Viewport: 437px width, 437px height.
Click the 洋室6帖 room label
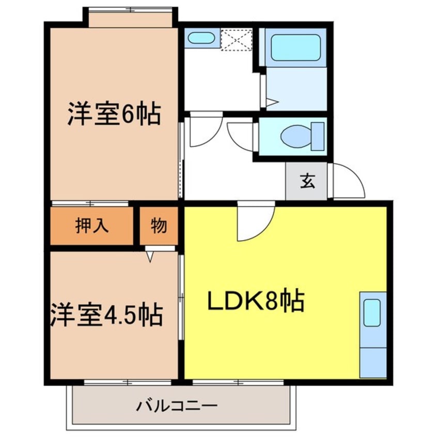pos(114,115)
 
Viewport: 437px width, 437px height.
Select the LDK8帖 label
pos(255,301)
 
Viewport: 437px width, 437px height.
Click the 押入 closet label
pos(92,226)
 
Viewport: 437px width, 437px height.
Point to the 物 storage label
pos(159,226)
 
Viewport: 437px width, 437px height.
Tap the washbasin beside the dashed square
pos(200,38)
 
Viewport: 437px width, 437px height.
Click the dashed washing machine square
pos(237,39)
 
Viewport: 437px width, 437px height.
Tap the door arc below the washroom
pos(205,130)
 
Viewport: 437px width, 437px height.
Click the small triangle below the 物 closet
pos(150,256)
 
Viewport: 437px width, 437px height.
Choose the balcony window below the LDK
pos(238,383)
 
